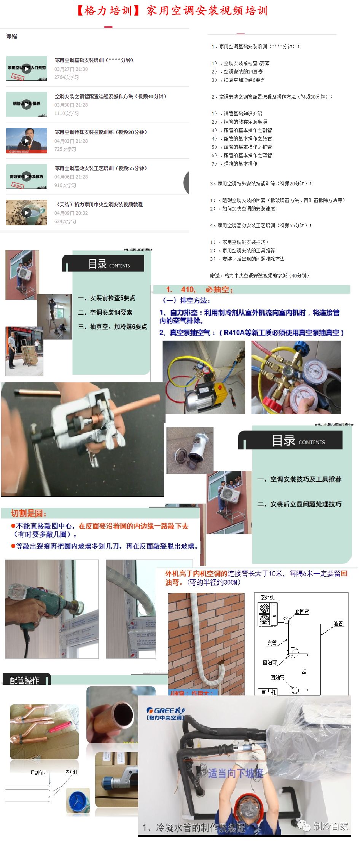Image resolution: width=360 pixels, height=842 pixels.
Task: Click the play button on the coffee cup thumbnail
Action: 26,212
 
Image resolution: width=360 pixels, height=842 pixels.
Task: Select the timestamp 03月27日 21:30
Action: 71,69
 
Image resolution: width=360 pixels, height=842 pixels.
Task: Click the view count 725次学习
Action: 65,149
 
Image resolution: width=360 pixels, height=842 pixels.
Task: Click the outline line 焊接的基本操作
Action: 240,164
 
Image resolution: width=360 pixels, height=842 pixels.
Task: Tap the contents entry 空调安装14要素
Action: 111,312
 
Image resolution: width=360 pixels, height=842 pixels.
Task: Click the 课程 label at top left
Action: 12,37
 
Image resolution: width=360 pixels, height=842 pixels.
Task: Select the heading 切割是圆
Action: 29,513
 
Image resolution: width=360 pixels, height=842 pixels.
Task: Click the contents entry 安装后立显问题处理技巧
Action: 306,504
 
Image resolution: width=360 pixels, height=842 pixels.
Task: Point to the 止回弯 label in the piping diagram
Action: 302,611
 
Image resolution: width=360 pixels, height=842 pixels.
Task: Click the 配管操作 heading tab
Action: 25,680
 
